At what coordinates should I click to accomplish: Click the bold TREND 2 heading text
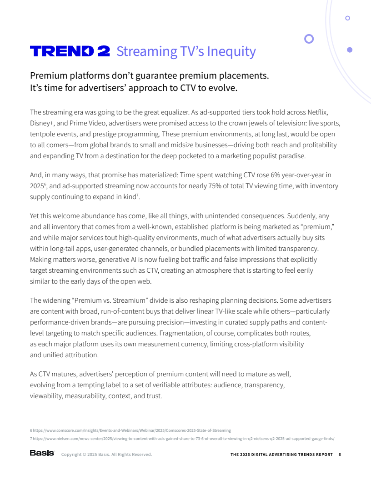[x=70, y=51]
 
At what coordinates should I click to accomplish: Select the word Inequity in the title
[x=231, y=51]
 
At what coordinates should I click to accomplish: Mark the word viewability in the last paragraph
[x=46, y=396]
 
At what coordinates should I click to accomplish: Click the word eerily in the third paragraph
[x=303, y=270]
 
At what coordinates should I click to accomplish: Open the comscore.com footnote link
[x=132, y=430]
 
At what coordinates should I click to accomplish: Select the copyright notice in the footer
[x=106, y=455]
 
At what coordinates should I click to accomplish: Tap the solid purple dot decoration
[x=350, y=50]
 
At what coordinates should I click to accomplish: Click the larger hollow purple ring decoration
[x=309, y=39]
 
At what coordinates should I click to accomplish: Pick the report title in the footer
[x=281, y=455]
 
